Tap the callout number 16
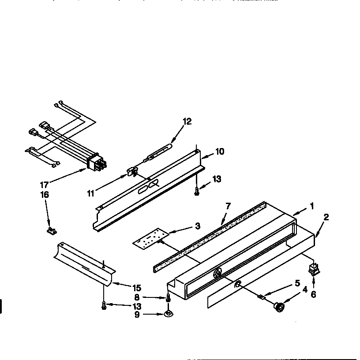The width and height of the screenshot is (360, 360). point(45,194)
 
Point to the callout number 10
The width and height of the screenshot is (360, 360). point(219,152)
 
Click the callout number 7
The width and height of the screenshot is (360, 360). point(228,206)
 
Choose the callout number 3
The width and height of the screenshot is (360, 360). point(197,226)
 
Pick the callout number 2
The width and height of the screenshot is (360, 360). point(326,217)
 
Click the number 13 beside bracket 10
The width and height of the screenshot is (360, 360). point(216,179)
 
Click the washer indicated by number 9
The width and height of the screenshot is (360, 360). point(168,314)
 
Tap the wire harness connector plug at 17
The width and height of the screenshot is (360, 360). point(97,163)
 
